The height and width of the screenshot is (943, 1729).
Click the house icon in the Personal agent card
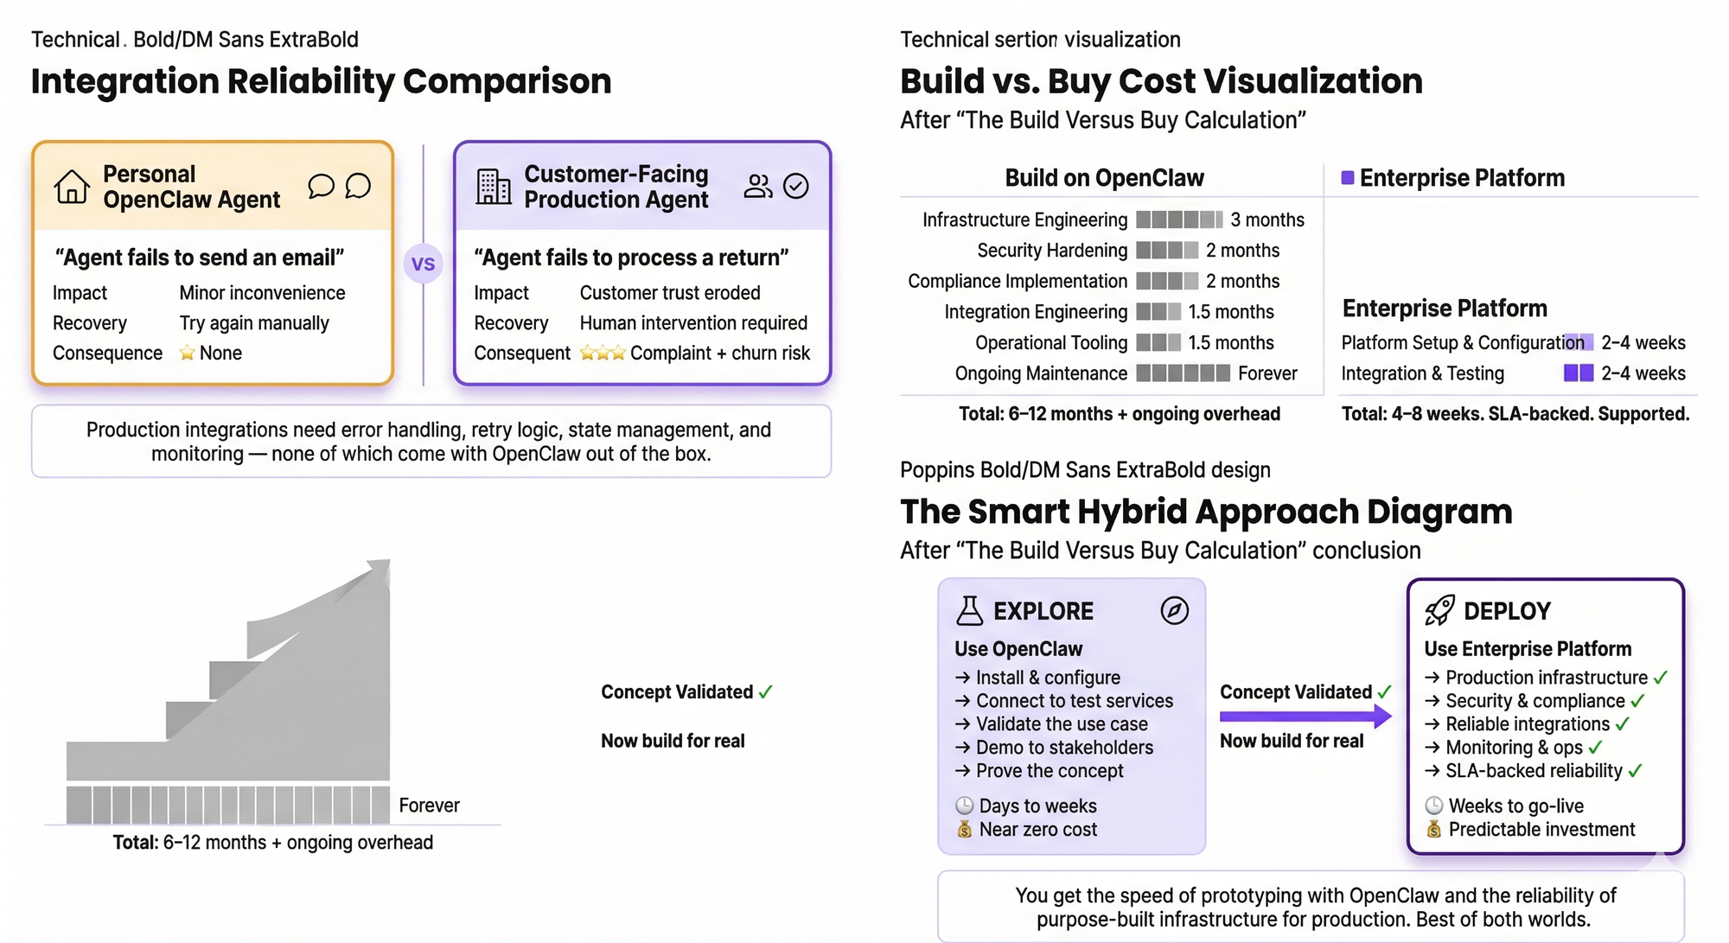[71, 186]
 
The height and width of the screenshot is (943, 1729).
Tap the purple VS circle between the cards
[423, 264]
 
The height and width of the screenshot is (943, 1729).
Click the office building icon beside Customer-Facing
[494, 186]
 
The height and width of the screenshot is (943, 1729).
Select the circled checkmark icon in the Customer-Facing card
[795, 186]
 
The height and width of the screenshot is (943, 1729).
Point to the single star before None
[187, 353]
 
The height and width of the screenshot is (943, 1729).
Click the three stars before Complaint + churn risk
[603, 353]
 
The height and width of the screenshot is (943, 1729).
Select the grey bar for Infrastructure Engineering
[1179, 220]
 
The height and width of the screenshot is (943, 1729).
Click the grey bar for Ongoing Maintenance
[1183, 373]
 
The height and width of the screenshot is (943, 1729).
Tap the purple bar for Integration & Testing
[1579, 373]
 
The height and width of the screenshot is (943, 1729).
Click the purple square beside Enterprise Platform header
[1347, 178]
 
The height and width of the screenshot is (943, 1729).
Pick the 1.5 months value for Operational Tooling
[1231, 342]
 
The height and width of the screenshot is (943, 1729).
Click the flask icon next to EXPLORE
[970, 610]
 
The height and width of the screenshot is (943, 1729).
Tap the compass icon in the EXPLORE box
[1174, 610]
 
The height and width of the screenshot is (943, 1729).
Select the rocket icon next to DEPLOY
[1439, 610]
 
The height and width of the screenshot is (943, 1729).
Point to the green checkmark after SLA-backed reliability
[1635, 771]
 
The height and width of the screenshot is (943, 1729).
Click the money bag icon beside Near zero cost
[964, 830]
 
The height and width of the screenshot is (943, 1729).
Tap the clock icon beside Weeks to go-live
[1433, 806]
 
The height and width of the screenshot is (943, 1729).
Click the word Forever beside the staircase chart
[429, 806]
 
